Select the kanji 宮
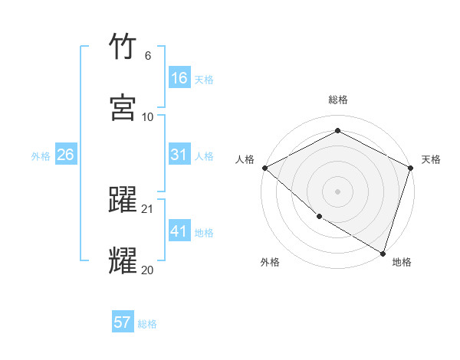point(123,108)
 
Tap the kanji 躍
point(123,201)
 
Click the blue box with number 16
point(179,78)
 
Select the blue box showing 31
point(179,155)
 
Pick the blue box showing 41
point(179,231)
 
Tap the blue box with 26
point(65,155)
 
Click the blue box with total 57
point(123,322)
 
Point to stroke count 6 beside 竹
point(147,56)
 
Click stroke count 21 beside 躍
point(148,208)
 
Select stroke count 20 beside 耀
point(147,270)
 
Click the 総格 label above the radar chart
point(337,100)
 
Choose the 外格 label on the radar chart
point(270,262)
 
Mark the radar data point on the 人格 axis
point(264,168)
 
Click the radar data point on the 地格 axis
point(383,252)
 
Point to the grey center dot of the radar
point(337,191)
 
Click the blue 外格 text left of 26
point(41,155)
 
